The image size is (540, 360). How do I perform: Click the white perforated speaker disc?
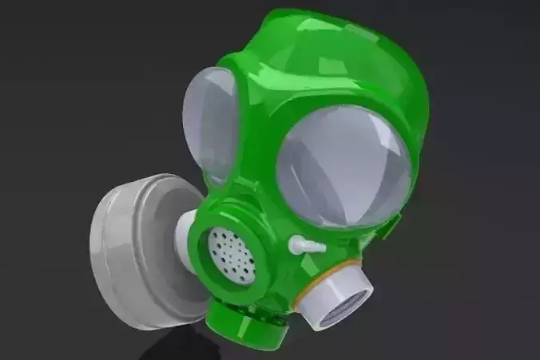pyautogui.click(x=231, y=251)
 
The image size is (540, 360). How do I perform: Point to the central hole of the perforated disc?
pyautogui.click(x=231, y=251)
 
